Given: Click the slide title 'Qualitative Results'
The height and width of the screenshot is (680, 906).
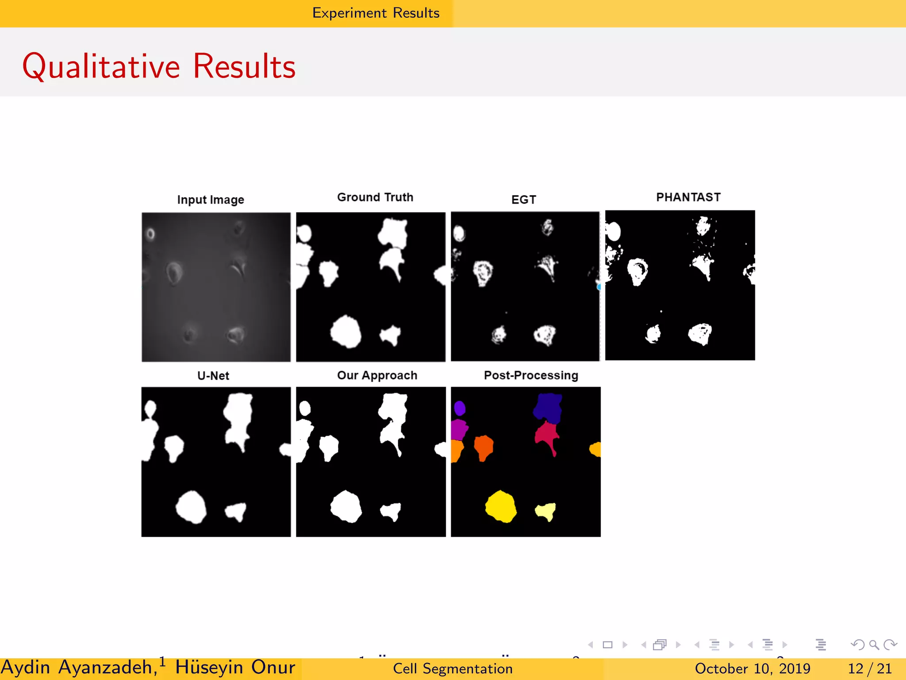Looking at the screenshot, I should tap(159, 66).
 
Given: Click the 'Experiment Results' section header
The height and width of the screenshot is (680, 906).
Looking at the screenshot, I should tap(376, 13).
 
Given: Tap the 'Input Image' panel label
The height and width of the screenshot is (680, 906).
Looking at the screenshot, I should tap(211, 200).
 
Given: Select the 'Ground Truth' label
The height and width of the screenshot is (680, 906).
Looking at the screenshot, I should tap(375, 197).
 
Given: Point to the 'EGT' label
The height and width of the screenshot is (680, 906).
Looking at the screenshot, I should tap(523, 200).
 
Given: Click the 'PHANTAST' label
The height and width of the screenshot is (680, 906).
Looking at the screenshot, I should tap(688, 197).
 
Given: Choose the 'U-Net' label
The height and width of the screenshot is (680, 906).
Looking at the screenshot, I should tap(213, 376).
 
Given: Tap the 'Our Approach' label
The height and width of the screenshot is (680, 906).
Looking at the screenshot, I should tap(377, 375).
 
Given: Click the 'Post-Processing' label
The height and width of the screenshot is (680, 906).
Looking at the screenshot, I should tap(531, 375).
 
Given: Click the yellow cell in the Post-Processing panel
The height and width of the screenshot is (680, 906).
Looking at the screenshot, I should tap(501, 506).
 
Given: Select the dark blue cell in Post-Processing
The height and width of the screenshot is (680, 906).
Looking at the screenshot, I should tap(548, 408).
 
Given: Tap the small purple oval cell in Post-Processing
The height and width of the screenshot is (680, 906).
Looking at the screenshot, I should tap(460, 408).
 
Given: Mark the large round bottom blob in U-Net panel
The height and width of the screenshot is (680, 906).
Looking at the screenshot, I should tap(191, 506).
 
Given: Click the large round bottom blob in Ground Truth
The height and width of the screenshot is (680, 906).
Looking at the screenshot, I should tap(346, 332).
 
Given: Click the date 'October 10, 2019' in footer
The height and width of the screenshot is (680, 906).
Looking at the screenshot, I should tap(752, 668).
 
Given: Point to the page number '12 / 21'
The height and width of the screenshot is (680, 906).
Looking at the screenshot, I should tap(869, 668).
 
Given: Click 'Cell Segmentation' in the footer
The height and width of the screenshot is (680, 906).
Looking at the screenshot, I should tap(453, 668).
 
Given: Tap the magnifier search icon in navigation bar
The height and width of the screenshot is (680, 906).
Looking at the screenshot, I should tap(873, 645).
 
